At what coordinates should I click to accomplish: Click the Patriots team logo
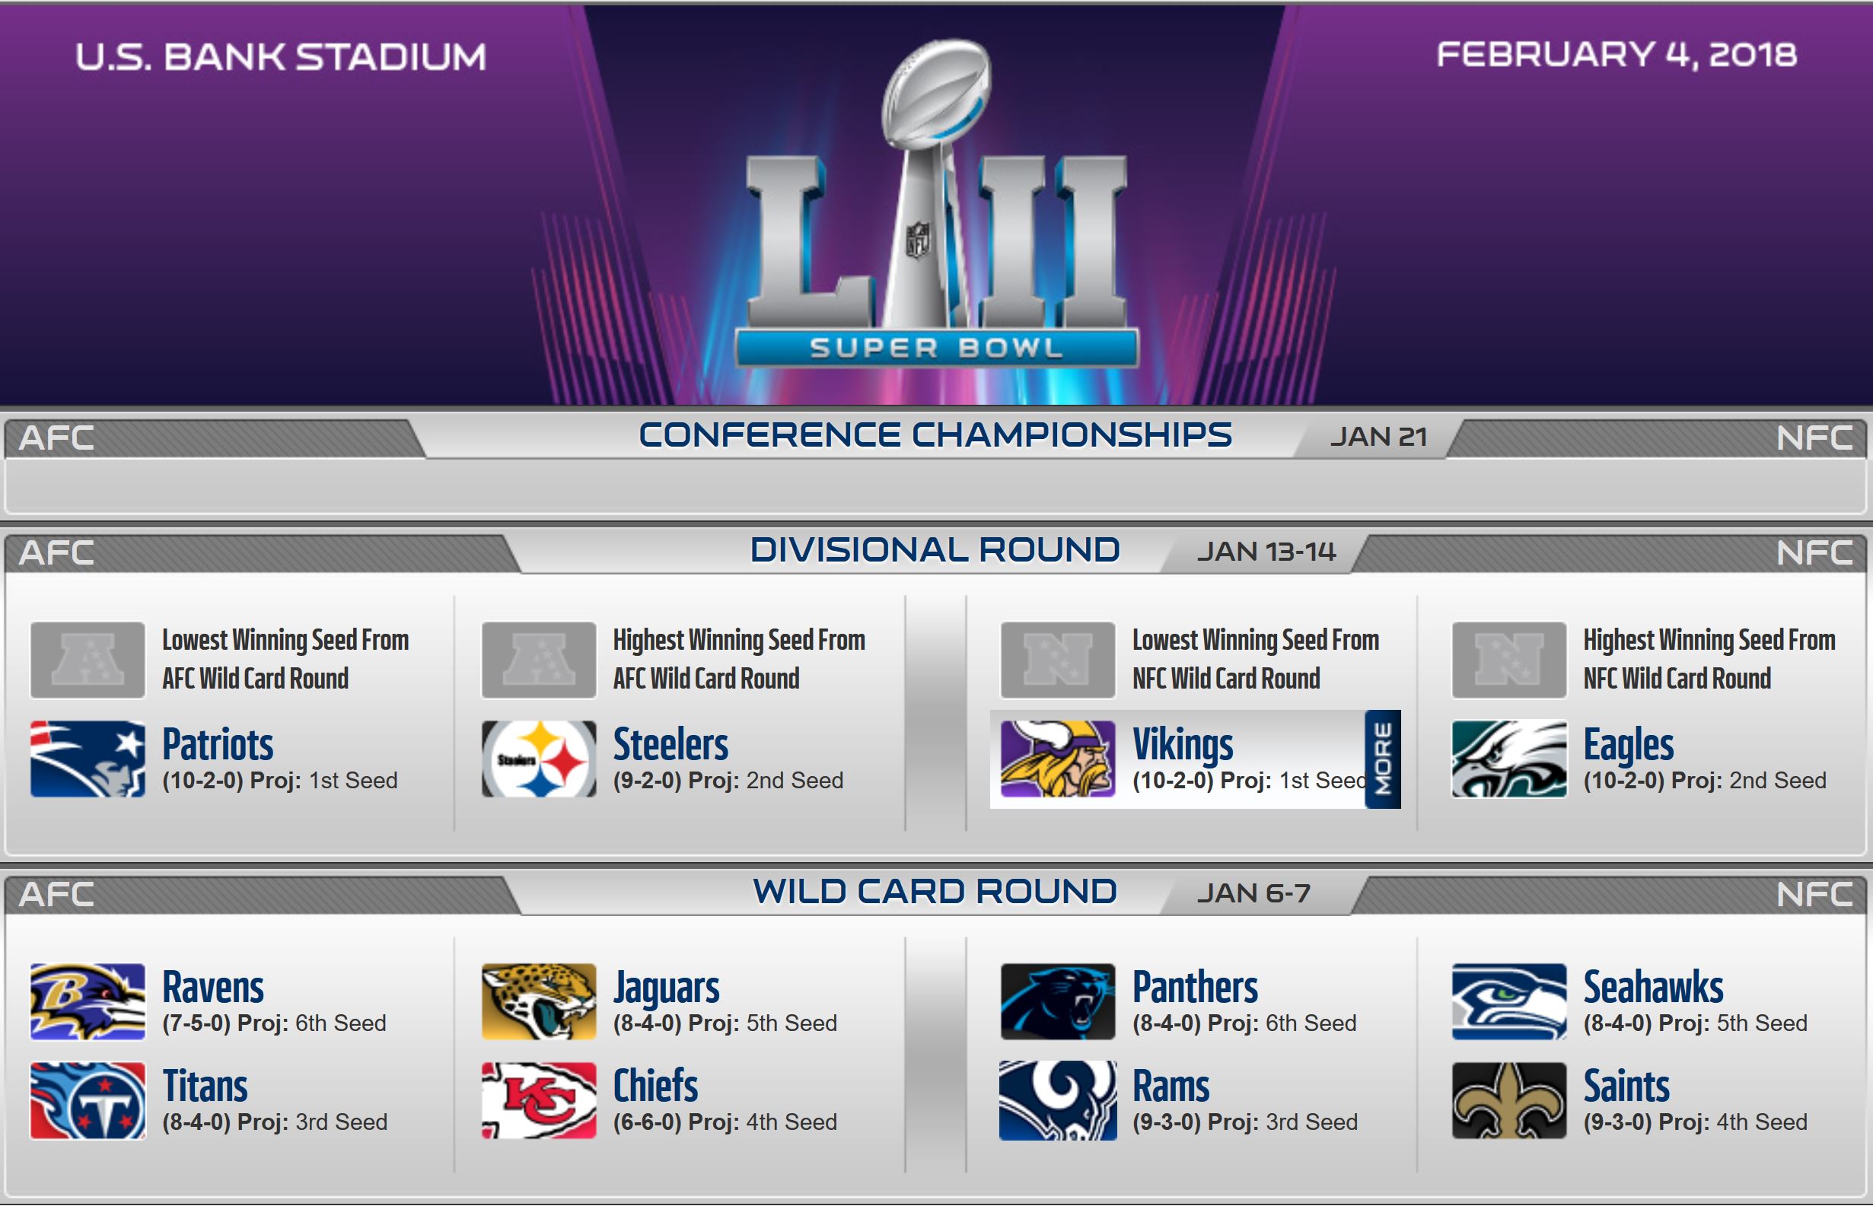point(88,759)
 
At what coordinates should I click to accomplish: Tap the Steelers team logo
point(539,759)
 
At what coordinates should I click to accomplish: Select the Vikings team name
point(1183,744)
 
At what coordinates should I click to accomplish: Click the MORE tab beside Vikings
point(1383,759)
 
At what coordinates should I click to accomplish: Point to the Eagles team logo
point(1509,759)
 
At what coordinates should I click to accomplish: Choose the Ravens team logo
point(88,1001)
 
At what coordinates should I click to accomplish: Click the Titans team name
point(205,1087)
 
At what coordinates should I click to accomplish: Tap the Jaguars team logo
point(539,1001)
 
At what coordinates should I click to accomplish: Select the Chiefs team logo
point(539,1100)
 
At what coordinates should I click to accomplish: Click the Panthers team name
point(1196,987)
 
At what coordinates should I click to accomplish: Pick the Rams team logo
point(1058,1100)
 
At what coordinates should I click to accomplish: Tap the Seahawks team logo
point(1509,1001)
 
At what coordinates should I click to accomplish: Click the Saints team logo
point(1509,1100)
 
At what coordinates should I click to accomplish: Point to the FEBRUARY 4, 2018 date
point(1616,55)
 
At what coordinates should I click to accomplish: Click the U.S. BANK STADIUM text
point(280,57)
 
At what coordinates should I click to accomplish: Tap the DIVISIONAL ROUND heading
point(935,550)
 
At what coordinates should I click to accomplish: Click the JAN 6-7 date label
point(1253,893)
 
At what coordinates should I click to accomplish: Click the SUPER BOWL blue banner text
point(936,348)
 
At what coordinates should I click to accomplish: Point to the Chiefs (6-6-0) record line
point(725,1122)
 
